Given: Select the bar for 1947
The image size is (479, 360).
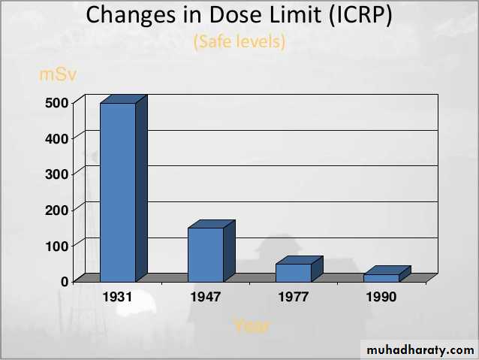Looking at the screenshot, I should pos(206,254).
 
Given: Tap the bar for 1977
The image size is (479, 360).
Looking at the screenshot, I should pos(293,272).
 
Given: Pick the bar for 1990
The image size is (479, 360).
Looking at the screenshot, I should pos(381,277).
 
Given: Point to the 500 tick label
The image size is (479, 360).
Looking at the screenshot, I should pos(59,102).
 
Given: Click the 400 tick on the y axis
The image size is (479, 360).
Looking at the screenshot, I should pos(59,138).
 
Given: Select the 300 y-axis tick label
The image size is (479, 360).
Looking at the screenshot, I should pos(59,174).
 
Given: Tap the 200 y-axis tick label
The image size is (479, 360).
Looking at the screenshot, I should pos(59,210).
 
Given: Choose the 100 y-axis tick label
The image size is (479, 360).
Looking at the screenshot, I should pos(59,246).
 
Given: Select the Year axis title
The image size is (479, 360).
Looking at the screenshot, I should pos(251,325).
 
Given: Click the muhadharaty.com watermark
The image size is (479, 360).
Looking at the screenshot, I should pos(418,350).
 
